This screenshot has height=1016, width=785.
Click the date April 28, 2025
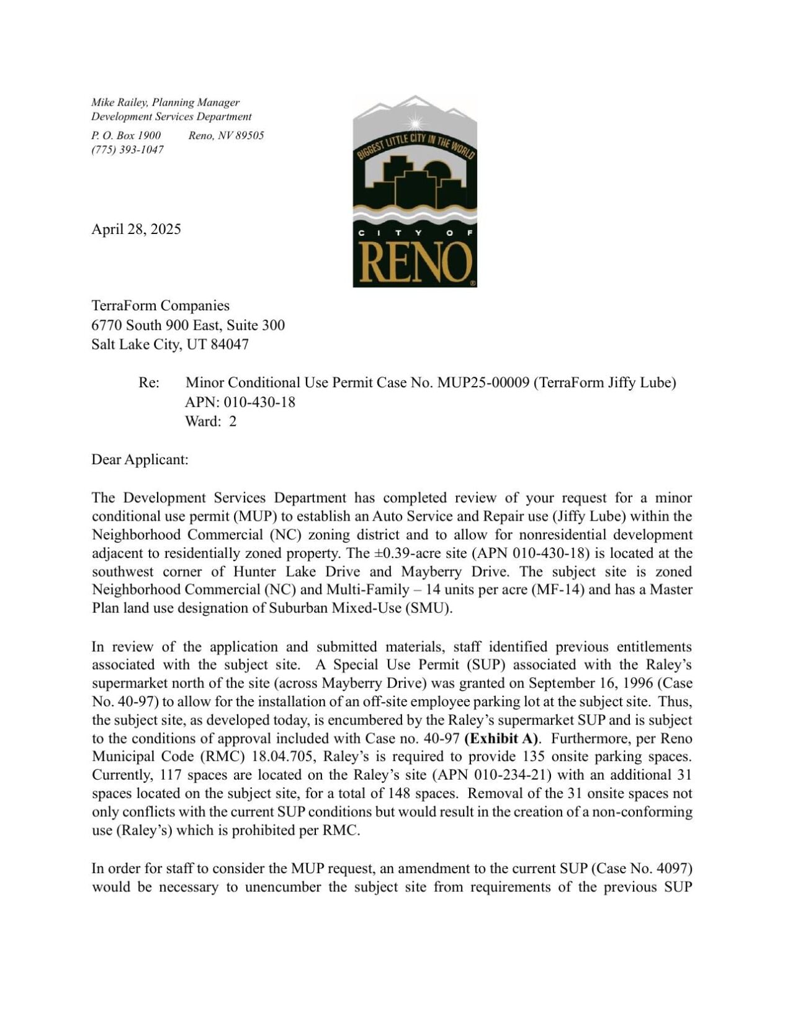pyautogui.click(x=136, y=229)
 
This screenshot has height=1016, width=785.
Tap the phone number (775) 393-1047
pyautogui.click(x=127, y=150)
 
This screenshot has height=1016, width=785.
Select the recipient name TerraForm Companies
pyautogui.click(x=160, y=305)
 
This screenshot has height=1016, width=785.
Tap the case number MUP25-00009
pyautogui.click(x=483, y=382)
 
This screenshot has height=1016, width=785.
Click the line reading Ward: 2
pyautogui.click(x=210, y=421)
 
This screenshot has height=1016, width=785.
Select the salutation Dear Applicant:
pyautogui.click(x=140, y=459)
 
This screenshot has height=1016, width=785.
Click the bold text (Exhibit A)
pyautogui.click(x=501, y=739)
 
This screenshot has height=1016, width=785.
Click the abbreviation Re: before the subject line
pyautogui.click(x=149, y=382)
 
